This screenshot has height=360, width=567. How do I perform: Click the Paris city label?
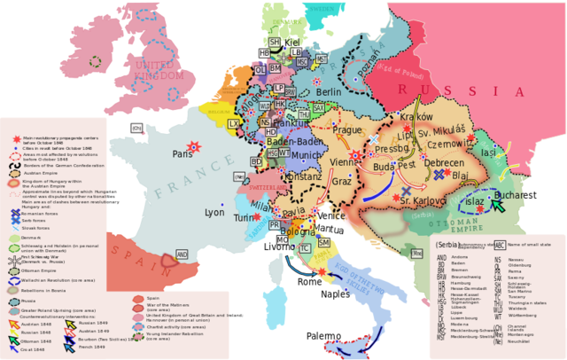tap(183, 153)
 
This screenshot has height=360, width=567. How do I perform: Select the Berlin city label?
tap(329, 92)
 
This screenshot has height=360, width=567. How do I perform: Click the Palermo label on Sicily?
tap(323, 336)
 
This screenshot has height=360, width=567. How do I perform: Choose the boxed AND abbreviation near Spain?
tap(182, 254)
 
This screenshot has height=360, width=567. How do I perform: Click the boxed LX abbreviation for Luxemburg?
tap(234, 125)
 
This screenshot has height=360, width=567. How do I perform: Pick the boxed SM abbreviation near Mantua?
tap(323, 242)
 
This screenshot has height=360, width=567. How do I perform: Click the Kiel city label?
tap(292, 42)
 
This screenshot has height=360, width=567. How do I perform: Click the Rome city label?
tap(309, 281)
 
